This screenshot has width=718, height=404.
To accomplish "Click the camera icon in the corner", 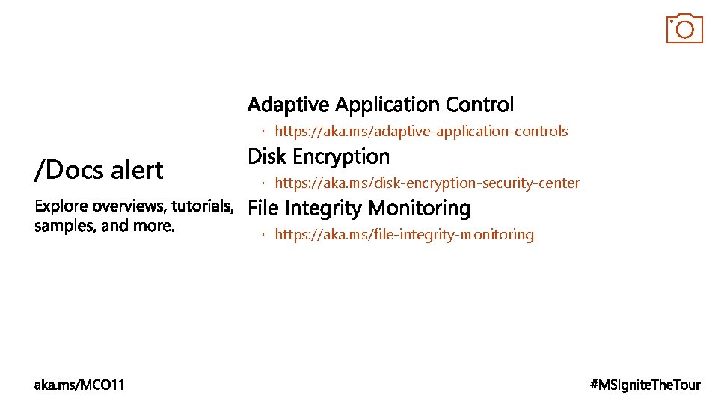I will click(x=684, y=28).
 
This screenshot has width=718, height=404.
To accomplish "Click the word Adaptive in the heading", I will click(x=289, y=105).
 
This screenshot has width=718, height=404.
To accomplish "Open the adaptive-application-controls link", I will click(x=421, y=132).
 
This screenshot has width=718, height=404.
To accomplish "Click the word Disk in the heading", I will click(x=265, y=156).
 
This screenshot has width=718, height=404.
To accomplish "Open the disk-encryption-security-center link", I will click(x=427, y=183).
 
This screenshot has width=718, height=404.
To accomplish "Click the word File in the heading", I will click(x=263, y=208).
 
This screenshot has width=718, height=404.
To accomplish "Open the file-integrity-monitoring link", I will click(x=404, y=235).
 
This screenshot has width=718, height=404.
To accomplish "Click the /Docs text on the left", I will click(x=69, y=171).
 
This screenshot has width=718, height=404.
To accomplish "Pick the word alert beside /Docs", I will click(x=137, y=170).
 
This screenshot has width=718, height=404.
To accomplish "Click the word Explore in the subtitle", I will click(x=61, y=206).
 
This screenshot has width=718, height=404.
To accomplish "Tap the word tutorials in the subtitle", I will click(x=203, y=206).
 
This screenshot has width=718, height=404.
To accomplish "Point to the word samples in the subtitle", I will click(x=65, y=226).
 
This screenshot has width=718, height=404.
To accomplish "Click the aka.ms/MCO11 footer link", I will click(x=80, y=385).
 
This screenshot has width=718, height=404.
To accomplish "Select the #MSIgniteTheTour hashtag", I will click(x=645, y=385).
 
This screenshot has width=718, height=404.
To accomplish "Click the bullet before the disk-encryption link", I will click(x=264, y=183).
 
